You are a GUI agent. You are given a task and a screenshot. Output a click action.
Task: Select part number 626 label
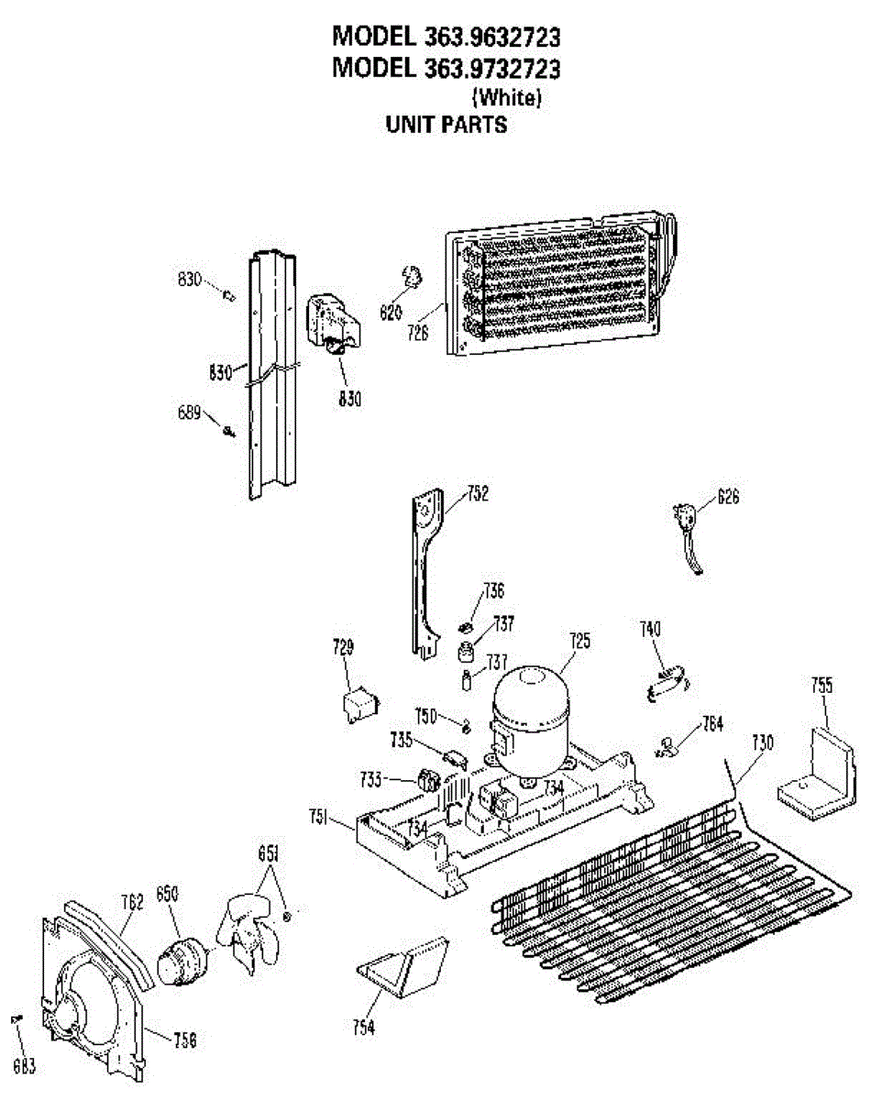(x=728, y=498)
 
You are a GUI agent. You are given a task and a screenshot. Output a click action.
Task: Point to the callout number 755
(x=821, y=686)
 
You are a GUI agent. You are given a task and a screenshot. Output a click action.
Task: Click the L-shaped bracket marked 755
(x=818, y=770)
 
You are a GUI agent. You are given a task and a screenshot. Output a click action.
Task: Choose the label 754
(x=364, y=1028)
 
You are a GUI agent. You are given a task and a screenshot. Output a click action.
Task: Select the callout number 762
(x=133, y=902)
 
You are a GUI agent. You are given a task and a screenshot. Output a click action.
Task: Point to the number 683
(x=25, y=1066)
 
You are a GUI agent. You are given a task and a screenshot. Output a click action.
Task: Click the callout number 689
(x=189, y=413)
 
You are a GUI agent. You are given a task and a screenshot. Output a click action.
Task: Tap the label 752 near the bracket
(x=477, y=495)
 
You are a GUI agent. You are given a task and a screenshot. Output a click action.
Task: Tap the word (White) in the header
(x=506, y=96)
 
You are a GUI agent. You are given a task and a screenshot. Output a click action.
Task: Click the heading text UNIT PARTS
(x=447, y=125)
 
